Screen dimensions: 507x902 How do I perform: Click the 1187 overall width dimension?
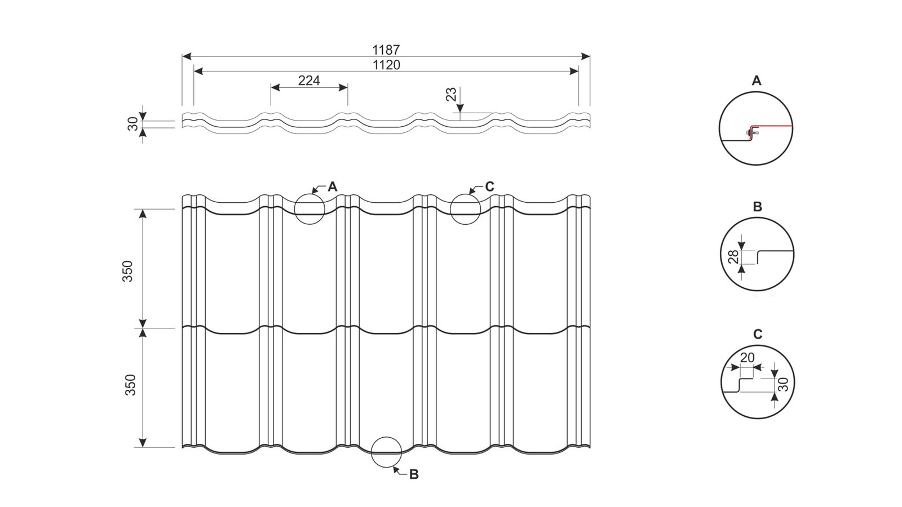(x=386, y=50)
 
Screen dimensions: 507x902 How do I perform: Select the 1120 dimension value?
(x=386, y=65)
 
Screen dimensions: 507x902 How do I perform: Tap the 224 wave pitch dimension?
(x=309, y=81)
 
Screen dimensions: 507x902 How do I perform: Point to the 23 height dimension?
(x=452, y=94)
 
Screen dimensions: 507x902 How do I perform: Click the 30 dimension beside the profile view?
(x=133, y=124)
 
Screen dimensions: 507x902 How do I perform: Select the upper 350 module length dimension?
(x=128, y=271)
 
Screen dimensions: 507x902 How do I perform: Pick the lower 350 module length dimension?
(x=130, y=385)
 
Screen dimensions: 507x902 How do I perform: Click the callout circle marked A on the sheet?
(x=309, y=209)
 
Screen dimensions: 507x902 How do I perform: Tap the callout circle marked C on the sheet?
(x=466, y=209)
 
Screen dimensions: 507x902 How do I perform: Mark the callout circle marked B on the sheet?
(x=387, y=452)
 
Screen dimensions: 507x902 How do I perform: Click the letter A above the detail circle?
(x=757, y=81)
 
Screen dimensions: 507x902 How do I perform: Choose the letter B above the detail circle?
(x=757, y=207)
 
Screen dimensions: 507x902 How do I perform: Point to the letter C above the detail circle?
(x=758, y=335)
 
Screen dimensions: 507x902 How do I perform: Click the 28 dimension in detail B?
(x=733, y=257)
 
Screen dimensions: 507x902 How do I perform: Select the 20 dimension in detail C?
(x=747, y=358)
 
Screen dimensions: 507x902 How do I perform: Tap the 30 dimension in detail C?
(x=782, y=384)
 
